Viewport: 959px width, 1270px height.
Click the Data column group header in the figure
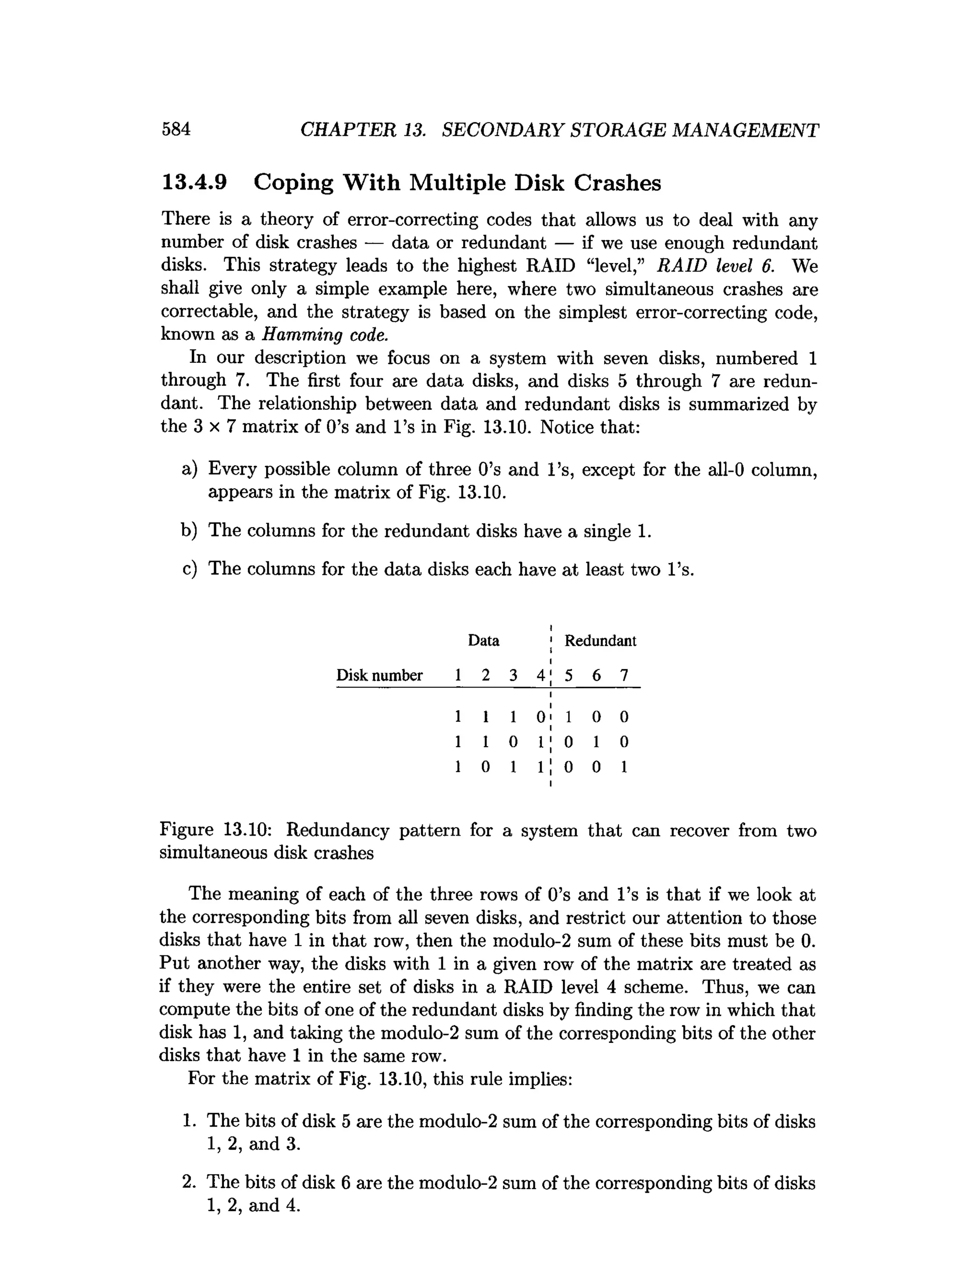point(484,641)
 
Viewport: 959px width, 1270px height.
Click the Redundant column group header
point(600,641)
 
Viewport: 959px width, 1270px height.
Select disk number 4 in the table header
point(540,676)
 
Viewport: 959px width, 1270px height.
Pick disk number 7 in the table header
point(624,676)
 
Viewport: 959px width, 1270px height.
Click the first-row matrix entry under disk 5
point(568,717)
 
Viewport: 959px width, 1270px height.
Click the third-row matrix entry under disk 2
point(485,767)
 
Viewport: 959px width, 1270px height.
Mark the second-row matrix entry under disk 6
point(596,742)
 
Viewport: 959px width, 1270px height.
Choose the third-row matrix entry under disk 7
point(624,767)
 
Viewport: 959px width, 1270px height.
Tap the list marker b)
point(189,530)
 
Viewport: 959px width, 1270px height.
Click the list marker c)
point(189,568)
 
